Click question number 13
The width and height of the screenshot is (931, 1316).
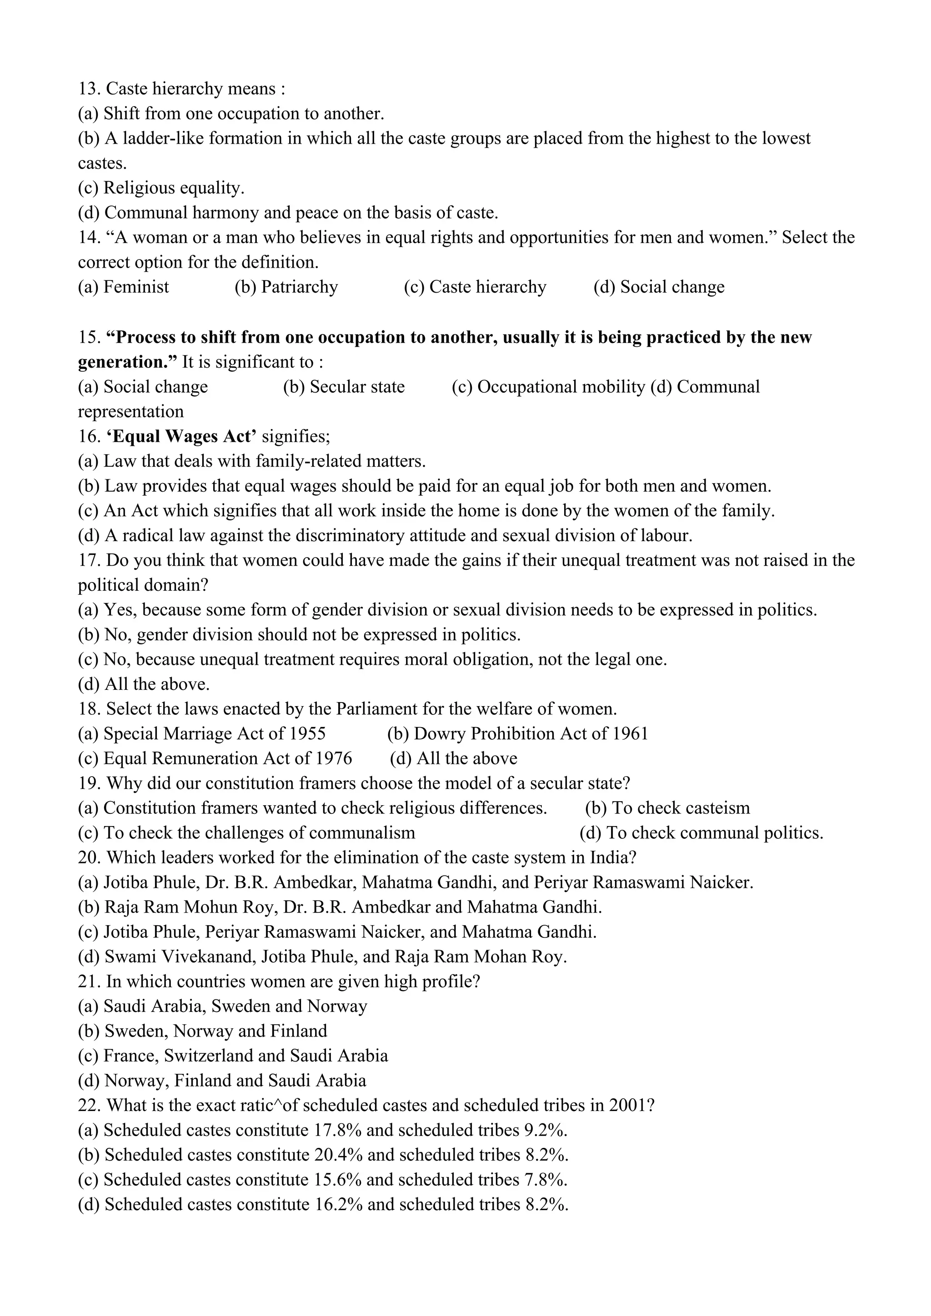coord(88,90)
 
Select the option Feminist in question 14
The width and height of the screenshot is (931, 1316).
coord(136,287)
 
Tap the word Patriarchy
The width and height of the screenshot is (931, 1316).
coord(299,287)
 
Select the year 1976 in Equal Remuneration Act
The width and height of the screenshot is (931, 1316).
coord(334,759)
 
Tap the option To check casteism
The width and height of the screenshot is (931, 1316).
coord(681,808)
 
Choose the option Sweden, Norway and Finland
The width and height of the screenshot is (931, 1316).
coord(215,1031)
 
